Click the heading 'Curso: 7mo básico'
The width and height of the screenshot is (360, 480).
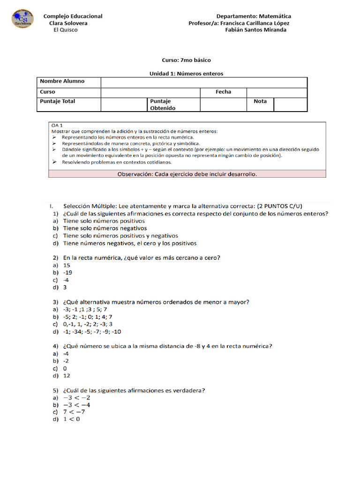click(x=186, y=60)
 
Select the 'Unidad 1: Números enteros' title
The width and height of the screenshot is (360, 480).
click(x=186, y=74)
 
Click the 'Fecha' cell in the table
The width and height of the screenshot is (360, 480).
click(x=223, y=92)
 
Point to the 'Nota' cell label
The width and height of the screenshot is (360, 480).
click(x=260, y=101)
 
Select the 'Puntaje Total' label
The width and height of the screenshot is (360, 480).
click(x=58, y=101)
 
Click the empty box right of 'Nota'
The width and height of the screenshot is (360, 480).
click(x=290, y=105)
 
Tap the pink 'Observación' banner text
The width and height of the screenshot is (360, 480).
click(x=187, y=174)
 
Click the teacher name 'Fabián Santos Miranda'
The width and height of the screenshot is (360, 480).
click(x=255, y=30)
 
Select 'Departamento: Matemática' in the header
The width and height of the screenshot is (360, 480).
click(x=254, y=16)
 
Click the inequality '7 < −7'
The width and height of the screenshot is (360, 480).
click(x=74, y=412)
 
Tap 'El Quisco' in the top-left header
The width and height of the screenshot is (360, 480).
click(x=66, y=30)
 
